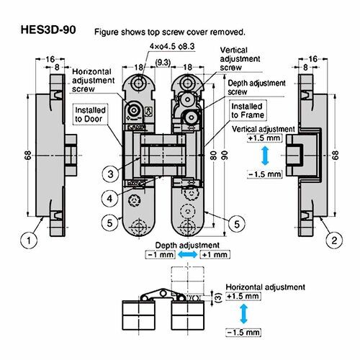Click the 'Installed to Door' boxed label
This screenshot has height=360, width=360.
pos(90,114)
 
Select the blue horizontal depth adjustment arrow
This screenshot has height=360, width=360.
pos(187,255)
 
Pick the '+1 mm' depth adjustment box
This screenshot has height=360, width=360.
pos(215,255)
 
